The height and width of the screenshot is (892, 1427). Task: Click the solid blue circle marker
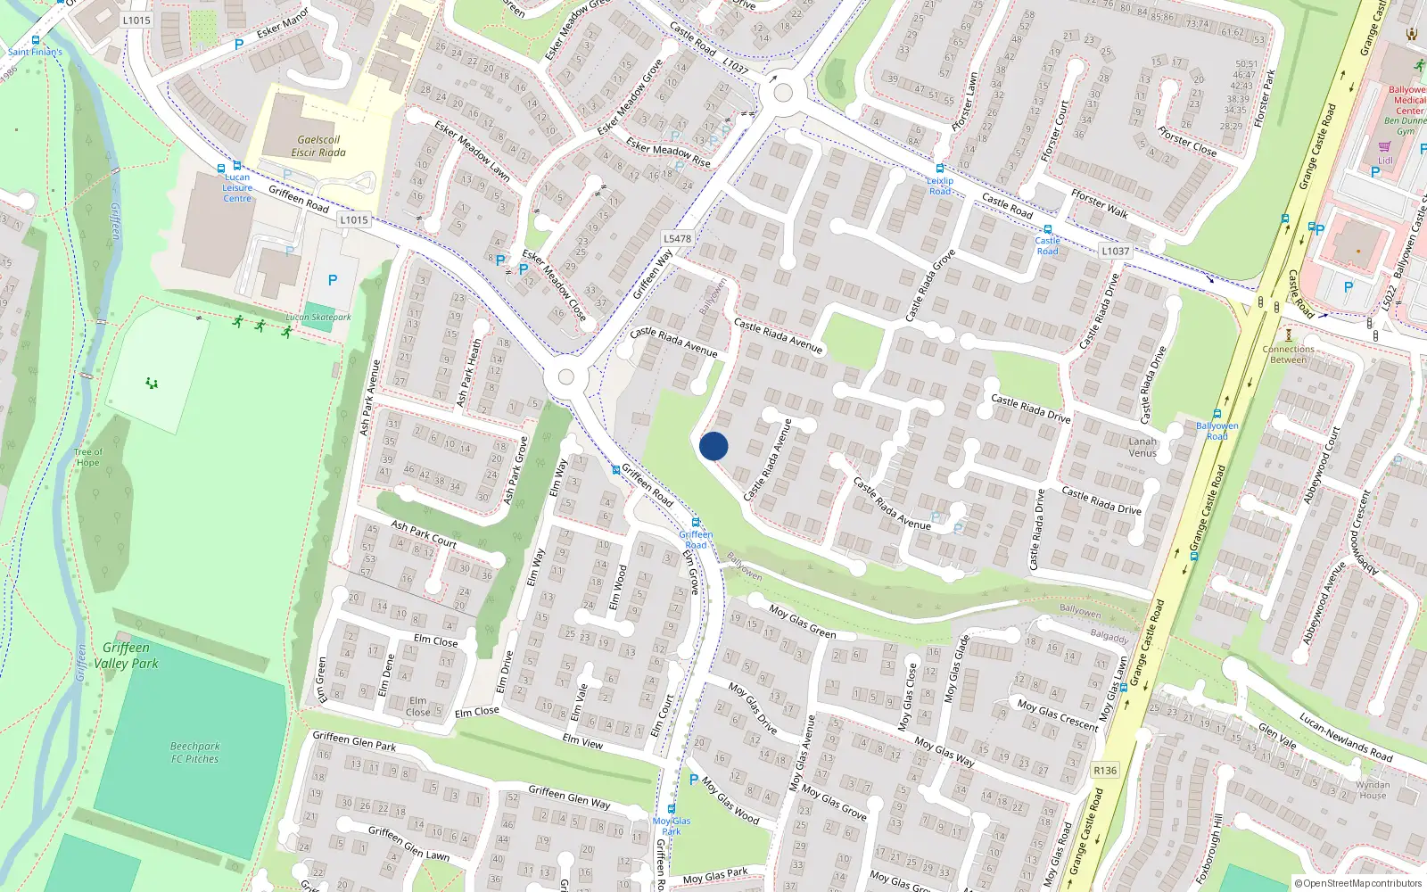(713, 446)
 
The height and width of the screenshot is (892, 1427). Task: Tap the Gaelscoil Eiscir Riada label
(318, 146)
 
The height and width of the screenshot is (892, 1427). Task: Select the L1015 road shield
(354, 219)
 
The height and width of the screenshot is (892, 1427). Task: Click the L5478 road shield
(678, 238)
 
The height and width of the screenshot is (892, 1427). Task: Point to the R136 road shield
(1104, 770)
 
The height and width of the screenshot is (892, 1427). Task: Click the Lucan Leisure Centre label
(237, 187)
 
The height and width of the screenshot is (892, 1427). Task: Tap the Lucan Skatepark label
(318, 317)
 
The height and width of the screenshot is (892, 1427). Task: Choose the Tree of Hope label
(87, 457)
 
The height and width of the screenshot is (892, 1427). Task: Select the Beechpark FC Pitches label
(195, 752)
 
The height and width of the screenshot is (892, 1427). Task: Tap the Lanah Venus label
(1142, 447)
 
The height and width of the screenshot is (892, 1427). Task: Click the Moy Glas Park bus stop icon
(672, 809)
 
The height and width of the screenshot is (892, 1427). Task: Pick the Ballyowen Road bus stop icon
(1217, 414)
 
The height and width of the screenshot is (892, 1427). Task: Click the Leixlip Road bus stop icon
(939, 169)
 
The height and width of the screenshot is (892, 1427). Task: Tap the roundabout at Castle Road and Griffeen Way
(783, 92)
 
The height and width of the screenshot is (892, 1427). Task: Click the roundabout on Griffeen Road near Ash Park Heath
(565, 377)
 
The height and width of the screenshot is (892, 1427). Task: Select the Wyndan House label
(1373, 790)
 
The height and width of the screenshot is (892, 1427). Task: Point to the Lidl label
(1385, 161)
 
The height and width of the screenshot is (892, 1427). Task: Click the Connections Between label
(1288, 354)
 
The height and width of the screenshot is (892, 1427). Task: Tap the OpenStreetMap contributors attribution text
(1358, 883)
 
